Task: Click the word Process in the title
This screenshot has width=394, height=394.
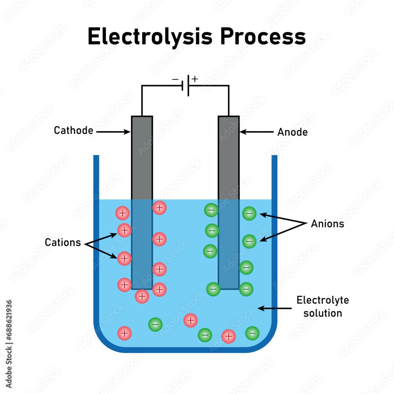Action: click(x=263, y=37)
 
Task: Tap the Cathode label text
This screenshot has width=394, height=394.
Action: click(x=73, y=130)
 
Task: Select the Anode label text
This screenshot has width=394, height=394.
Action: click(x=292, y=132)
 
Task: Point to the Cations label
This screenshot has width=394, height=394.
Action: click(x=63, y=242)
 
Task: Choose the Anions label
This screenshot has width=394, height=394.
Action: click(x=327, y=224)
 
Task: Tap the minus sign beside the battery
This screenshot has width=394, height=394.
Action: click(x=175, y=80)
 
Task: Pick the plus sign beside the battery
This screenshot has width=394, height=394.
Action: click(x=195, y=79)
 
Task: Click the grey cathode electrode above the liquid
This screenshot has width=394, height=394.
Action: click(x=142, y=158)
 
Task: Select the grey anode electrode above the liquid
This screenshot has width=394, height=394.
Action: click(x=229, y=158)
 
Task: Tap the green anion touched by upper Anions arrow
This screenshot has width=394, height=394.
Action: click(x=249, y=214)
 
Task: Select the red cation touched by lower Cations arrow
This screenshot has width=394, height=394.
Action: click(x=125, y=258)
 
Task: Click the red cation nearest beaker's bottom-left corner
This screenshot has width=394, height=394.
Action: click(x=125, y=333)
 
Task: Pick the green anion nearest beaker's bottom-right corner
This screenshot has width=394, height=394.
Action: click(x=252, y=333)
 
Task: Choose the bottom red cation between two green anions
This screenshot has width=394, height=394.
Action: click(x=228, y=336)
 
